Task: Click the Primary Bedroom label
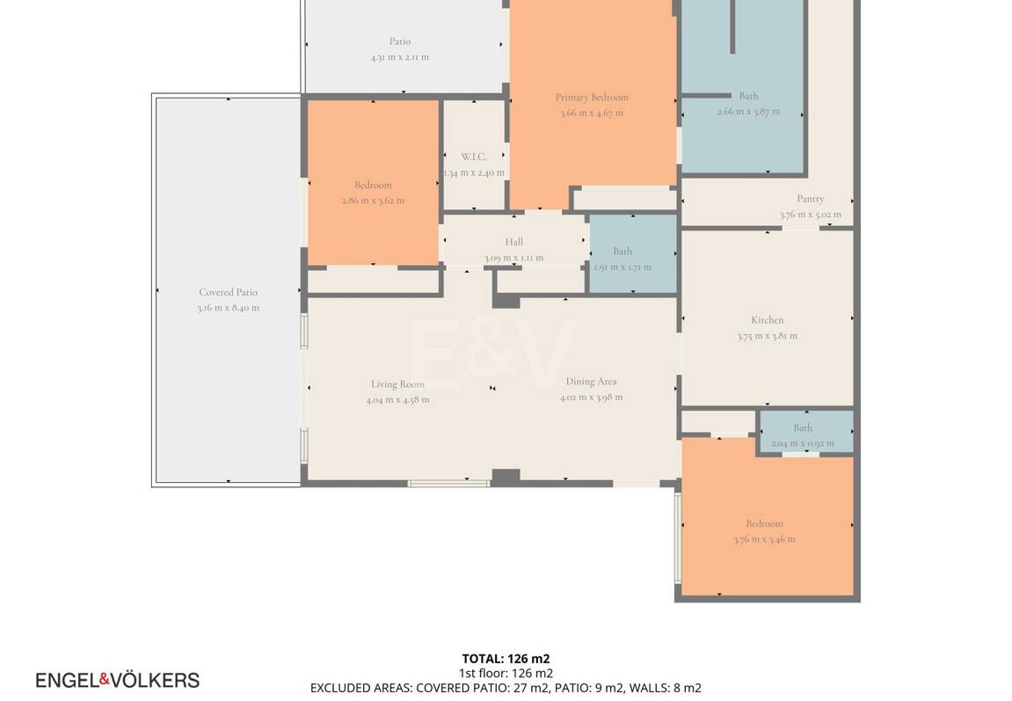(x=591, y=98)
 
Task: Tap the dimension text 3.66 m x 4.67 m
(x=591, y=113)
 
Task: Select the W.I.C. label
(x=474, y=157)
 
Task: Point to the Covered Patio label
(x=228, y=293)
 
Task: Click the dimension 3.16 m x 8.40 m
(x=228, y=308)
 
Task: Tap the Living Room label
(x=397, y=384)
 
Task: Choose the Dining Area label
(x=591, y=382)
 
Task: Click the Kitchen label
(x=767, y=320)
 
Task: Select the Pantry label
(x=810, y=199)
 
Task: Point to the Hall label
(x=513, y=242)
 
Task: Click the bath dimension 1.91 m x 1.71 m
(x=622, y=267)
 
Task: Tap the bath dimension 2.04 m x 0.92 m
(x=802, y=443)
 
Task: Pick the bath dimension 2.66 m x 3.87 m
(x=748, y=112)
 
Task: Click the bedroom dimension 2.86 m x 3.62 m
(x=373, y=201)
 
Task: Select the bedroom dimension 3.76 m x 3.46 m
(x=763, y=539)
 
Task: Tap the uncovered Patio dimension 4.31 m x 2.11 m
(x=399, y=57)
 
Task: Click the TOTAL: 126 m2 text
(x=506, y=658)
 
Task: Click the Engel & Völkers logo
(x=117, y=680)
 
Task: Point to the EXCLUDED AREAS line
(x=506, y=688)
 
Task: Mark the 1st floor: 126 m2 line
(x=506, y=673)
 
